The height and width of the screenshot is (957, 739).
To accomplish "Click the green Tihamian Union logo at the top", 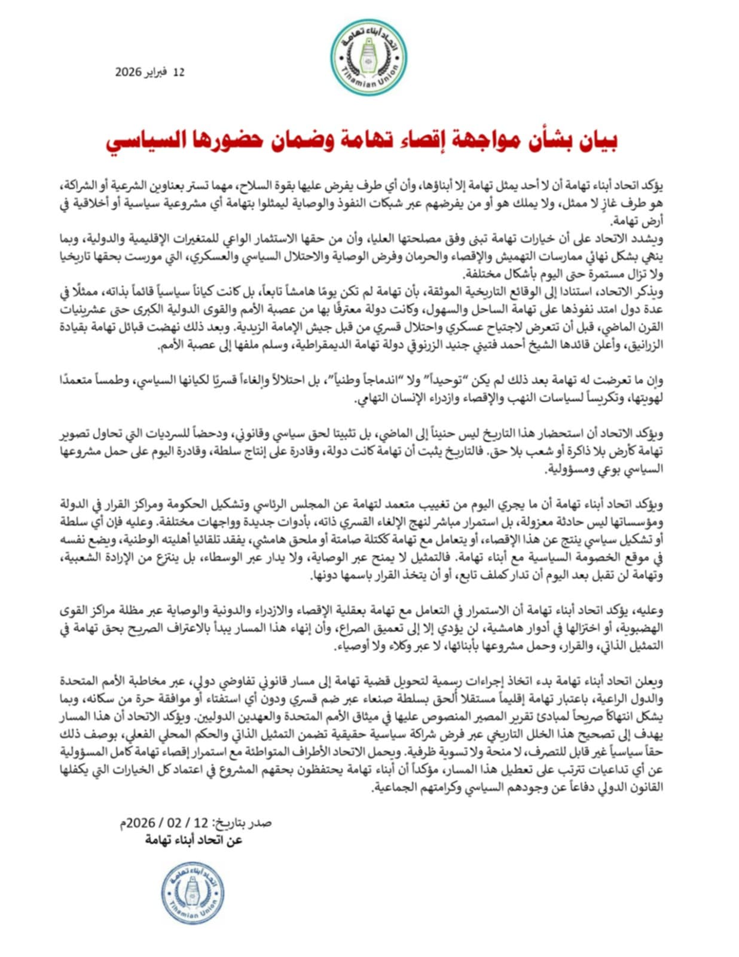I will [369, 58].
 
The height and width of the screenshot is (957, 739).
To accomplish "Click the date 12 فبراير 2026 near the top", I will [150, 72].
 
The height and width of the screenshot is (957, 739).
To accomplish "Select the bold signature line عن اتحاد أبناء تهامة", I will [194, 840].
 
